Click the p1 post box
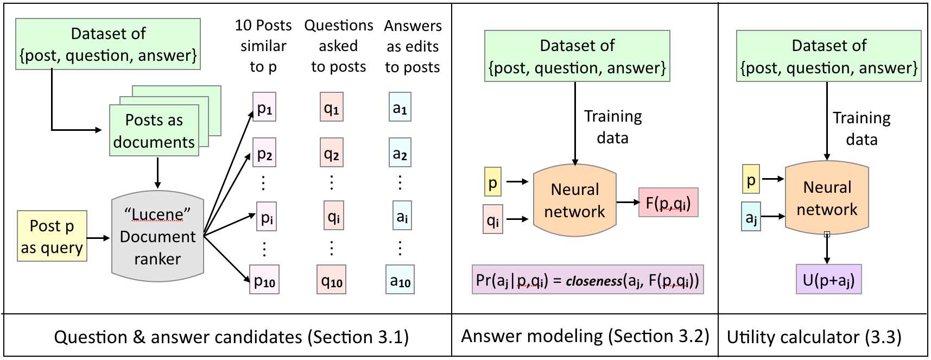264,107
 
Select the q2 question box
332,152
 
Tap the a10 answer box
400,280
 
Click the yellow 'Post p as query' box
52,236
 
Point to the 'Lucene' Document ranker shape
157,236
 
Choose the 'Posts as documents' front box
154,130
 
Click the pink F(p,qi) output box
668,203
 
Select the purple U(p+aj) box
828,279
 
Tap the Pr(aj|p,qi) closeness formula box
588,280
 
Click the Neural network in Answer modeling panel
575,200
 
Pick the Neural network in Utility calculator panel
827,198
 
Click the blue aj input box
751,217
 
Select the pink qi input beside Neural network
493,219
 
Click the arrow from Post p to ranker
98,238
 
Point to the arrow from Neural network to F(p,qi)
628,203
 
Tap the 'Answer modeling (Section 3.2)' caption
585,336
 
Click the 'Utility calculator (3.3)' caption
814,337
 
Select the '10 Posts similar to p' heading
263,46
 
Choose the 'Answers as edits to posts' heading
413,46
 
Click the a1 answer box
400,107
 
